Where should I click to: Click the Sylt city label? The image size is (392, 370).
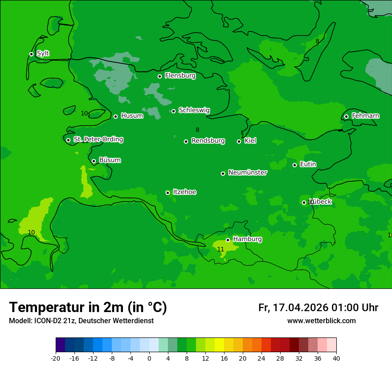(43, 53)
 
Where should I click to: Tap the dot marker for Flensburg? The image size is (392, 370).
(159, 76)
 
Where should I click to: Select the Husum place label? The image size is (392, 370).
(132, 116)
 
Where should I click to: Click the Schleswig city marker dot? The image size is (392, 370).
(173, 111)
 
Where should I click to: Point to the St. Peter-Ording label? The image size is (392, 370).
(98, 140)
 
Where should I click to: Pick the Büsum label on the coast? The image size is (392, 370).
(110, 160)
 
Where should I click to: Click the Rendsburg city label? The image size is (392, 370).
(208, 141)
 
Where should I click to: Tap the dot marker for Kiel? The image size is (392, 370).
(239, 141)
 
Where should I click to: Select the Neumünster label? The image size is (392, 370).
(247, 173)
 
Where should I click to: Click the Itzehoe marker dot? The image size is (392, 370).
(167, 193)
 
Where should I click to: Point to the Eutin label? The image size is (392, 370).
(308, 164)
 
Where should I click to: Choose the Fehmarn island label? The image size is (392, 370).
(365, 116)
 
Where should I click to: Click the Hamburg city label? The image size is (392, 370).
(247, 239)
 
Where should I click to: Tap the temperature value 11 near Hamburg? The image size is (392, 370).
(220, 249)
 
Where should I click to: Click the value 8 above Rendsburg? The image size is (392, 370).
(197, 130)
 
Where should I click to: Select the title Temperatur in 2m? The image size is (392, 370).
(88, 307)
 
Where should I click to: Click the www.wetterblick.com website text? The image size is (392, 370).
(321, 321)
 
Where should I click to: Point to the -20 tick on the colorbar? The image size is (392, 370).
(56, 358)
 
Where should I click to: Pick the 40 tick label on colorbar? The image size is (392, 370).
(336, 358)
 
